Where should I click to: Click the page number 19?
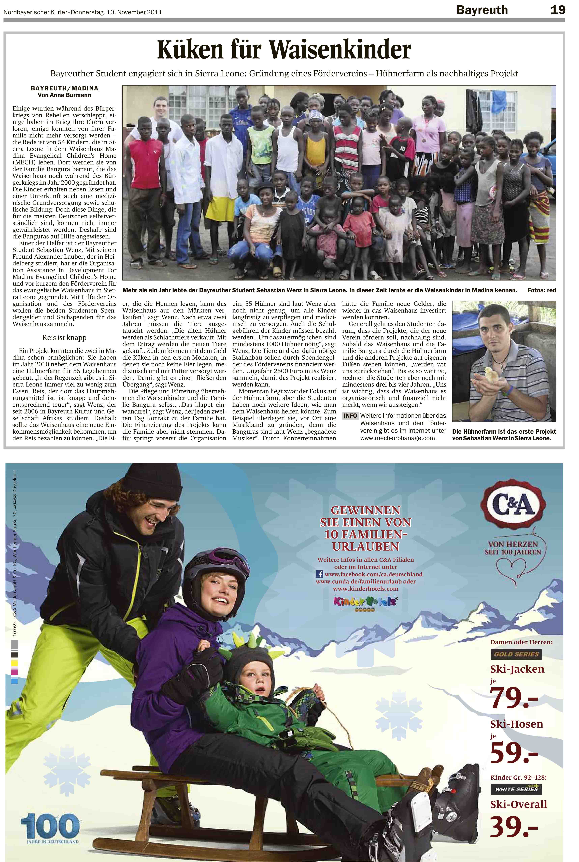[558, 10]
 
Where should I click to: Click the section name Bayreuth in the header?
[482, 10]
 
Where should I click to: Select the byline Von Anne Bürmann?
[65, 95]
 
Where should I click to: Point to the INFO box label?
[350, 416]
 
